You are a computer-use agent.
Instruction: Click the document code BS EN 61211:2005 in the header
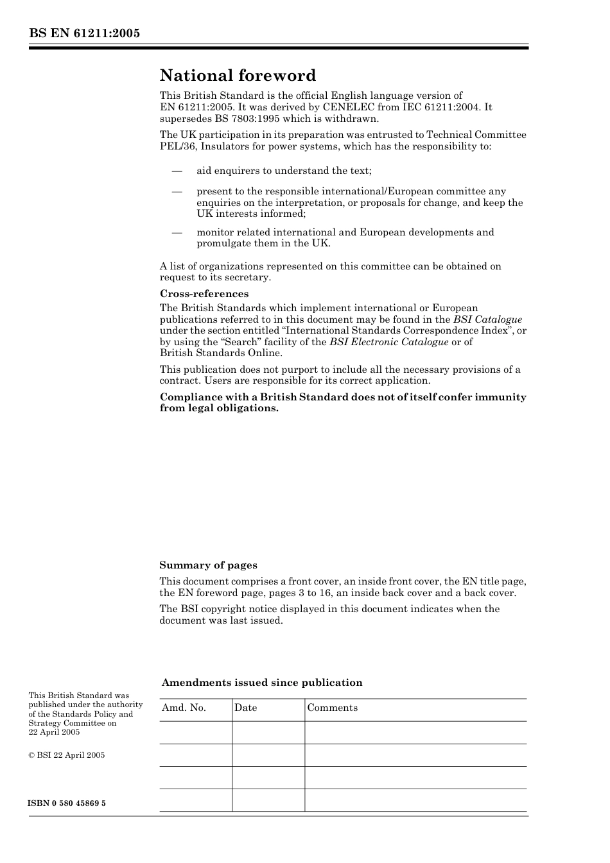(84, 33)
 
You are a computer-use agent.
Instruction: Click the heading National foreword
(238, 76)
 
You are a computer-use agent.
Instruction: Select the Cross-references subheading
(204, 294)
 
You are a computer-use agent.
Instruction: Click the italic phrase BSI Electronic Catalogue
(388, 342)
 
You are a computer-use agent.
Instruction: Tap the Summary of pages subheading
(208, 565)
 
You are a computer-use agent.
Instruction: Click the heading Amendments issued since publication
(262, 683)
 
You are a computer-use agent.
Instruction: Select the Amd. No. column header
(184, 708)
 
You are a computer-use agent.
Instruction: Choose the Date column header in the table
(245, 708)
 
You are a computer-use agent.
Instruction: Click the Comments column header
(332, 708)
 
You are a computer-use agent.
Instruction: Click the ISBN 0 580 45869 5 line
(67, 803)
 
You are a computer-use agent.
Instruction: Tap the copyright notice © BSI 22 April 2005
(67, 755)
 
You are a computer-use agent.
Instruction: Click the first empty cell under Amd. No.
(195, 732)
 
